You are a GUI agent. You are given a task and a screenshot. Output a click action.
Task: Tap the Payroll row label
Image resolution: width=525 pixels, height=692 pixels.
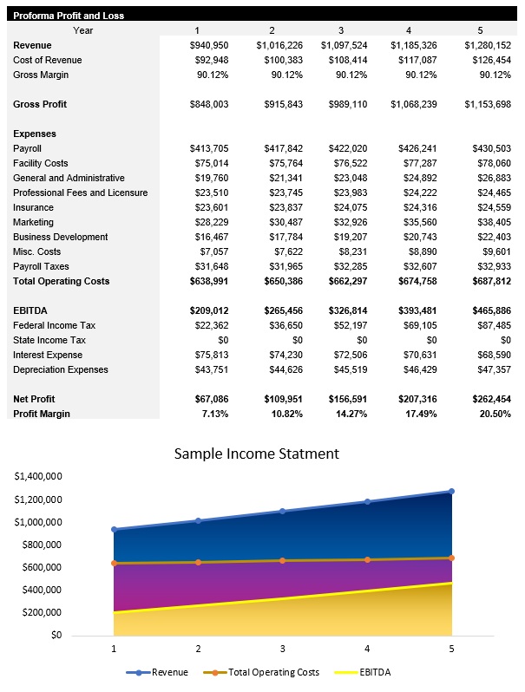(28, 148)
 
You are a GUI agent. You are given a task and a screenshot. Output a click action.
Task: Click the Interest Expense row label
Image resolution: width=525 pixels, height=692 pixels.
(48, 355)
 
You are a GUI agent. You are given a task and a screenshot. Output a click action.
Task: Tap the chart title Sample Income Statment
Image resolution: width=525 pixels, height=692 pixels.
(257, 454)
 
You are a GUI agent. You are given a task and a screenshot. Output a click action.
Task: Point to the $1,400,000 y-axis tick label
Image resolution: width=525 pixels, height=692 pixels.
(38, 477)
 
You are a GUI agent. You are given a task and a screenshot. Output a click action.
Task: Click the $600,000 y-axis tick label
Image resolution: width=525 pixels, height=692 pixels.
(41, 567)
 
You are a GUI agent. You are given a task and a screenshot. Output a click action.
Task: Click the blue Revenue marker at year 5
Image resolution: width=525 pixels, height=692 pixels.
(451, 492)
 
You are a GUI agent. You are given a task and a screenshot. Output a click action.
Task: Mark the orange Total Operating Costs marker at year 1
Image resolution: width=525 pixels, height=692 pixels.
(114, 564)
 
